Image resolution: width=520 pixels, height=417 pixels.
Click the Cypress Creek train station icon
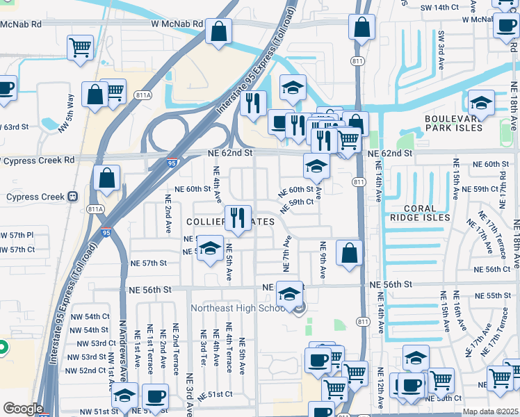(x=72, y=197)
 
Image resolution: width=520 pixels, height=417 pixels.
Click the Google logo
(x=22, y=408)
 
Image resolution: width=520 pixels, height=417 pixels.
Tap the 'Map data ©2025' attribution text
(x=490, y=411)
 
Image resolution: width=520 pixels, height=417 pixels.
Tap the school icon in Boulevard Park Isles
(x=481, y=104)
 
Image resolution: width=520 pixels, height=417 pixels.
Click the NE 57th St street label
(x=148, y=263)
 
